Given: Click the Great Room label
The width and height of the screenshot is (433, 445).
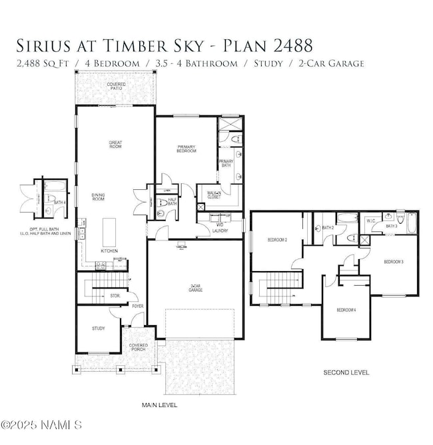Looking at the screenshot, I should click(115, 144).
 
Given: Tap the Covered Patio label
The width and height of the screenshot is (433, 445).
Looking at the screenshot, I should click(117, 87).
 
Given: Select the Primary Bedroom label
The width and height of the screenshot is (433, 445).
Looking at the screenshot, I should click(187, 149).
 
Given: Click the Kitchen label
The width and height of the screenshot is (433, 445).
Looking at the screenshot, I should click(110, 251).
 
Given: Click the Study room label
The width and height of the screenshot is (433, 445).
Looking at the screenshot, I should click(99, 328).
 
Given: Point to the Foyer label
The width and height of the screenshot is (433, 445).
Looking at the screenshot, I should click(138, 306).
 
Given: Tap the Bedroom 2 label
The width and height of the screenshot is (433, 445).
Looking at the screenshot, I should click(277, 239).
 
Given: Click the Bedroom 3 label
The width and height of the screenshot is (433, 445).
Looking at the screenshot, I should click(393, 262).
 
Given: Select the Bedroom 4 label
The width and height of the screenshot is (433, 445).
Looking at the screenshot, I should click(346, 309).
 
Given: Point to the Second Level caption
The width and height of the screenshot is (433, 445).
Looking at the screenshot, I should click(346, 372).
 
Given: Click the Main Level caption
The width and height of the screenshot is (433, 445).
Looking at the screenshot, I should click(159, 404).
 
